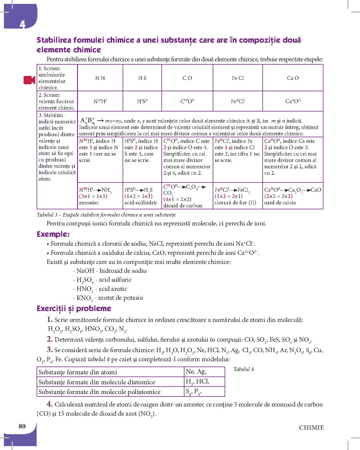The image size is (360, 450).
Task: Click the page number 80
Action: pyautogui.click(x=22, y=426)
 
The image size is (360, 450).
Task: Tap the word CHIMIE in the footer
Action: pyautogui.click(x=311, y=428)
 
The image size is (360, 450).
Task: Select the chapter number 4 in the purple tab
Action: pyautogui.click(x=22, y=24)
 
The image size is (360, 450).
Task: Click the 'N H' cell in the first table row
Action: pyautogui.click(x=100, y=78)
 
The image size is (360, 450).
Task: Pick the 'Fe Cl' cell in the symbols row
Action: pyautogui.click(x=238, y=78)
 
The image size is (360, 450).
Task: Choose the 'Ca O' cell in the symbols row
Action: pyautogui.click(x=293, y=78)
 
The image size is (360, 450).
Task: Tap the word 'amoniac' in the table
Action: pyautogui.click(x=89, y=203)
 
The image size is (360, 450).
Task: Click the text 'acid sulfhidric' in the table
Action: pyautogui.click(x=141, y=203)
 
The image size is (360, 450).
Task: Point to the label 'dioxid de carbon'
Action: pyautogui.click(x=183, y=206)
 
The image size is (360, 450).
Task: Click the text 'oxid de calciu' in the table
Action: pyautogui.click(x=280, y=203)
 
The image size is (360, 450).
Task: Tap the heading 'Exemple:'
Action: pyautogui.click(x=53, y=234)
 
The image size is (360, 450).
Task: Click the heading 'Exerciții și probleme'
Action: pyautogui.click(x=74, y=309)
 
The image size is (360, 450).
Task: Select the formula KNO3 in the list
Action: pyautogui.click(x=84, y=298)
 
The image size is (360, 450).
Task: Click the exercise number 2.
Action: pyautogui.click(x=50, y=339)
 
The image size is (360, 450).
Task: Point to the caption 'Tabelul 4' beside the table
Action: pyautogui.click(x=244, y=369)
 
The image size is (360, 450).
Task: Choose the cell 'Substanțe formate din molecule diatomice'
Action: pyautogui.click(x=97, y=382)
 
